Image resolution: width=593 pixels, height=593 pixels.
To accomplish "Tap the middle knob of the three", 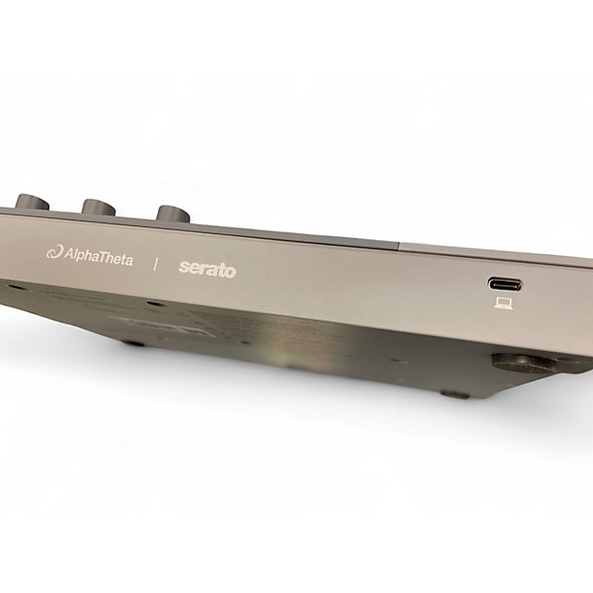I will point(99,207).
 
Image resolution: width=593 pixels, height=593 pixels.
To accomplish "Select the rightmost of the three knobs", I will point(173,213).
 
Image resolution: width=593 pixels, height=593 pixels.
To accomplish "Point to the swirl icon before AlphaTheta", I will point(54,252).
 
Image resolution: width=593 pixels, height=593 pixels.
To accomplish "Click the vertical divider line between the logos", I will point(155,263).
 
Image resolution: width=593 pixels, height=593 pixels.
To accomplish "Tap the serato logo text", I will point(207,268).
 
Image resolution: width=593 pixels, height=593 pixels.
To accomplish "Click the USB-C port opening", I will point(505,284).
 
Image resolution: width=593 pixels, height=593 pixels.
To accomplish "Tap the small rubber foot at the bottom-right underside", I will point(454,393).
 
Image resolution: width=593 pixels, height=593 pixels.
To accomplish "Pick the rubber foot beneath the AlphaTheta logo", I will point(131,343).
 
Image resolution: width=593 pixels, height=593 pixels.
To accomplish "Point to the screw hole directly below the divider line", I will point(149,303).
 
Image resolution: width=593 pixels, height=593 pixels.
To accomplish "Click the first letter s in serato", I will point(183,267).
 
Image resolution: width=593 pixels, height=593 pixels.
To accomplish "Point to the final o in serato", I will point(230,270).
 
